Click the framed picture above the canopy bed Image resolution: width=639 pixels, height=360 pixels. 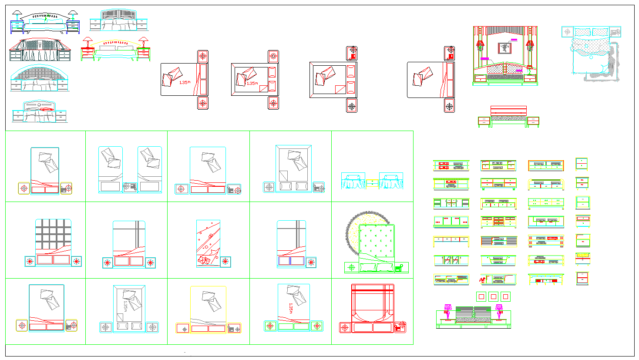(x=504, y=48)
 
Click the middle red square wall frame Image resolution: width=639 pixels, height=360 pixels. (x=493, y=297)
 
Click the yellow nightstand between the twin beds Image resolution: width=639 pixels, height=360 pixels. (x=372, y=183)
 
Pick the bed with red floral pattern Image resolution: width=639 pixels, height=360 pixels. (x=208, y=243)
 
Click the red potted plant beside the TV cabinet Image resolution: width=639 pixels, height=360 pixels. (x=483, y=279)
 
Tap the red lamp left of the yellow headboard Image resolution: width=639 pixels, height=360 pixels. (x=87, y=42)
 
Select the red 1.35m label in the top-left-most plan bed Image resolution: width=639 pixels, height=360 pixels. (x=185, y=82)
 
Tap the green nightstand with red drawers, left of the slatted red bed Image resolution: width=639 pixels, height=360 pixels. (x=484, y=121)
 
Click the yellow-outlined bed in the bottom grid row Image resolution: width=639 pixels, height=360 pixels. (x=208, y=309)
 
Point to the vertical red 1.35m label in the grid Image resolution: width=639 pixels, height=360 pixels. (x=291, y=308)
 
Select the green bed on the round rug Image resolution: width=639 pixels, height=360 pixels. (x=376, y=248)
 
